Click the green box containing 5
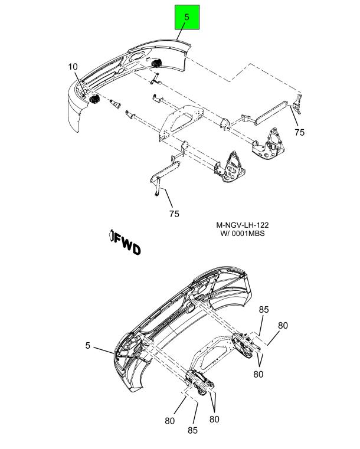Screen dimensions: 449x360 pos(186,18)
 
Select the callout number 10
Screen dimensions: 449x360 pos(73,67)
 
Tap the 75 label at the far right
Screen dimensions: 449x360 pos(300,133)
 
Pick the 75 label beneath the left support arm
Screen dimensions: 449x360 pos(174,214)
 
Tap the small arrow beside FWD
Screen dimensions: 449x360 pos(110,237)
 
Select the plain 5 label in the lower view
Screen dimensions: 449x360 pos(88,345)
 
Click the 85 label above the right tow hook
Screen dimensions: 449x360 pos(264,310)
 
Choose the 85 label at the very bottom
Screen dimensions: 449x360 pos(192,430)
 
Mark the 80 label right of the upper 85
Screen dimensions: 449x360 pos(283,325)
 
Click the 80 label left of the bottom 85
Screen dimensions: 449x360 pos(170,421)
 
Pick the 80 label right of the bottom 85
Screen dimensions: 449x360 pos(214,419)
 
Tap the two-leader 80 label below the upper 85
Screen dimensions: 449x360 pos(258,373)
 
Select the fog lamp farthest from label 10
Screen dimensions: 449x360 pos(156,63)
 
